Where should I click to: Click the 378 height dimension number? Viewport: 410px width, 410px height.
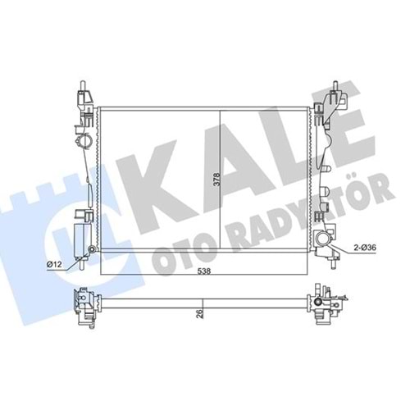(216, 179)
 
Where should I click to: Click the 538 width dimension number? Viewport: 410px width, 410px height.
(204, 271)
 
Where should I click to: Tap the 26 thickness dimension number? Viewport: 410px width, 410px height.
(200, 312)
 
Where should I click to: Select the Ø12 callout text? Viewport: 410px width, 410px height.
(55, 264)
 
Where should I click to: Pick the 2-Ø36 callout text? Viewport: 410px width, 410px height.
(365, 248)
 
